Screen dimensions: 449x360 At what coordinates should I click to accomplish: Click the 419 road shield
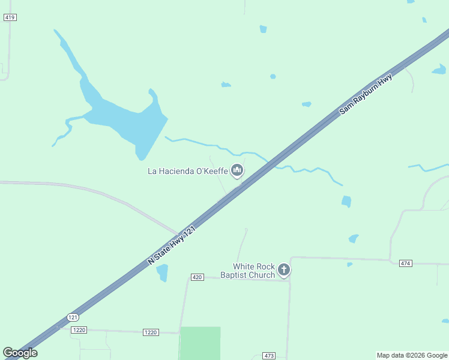(10, 17)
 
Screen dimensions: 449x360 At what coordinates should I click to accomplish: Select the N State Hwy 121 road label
(172, 242)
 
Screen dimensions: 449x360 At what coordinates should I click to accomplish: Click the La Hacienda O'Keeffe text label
(187, 172)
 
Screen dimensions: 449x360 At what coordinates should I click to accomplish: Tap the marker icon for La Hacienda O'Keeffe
(237, 171)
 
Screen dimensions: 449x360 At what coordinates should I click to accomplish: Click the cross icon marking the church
(284, 270)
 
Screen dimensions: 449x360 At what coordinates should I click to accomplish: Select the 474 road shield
(406, 263)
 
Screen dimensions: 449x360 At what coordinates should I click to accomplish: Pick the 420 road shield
(197, 277)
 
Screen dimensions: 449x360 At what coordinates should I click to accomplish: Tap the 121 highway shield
(73, 317)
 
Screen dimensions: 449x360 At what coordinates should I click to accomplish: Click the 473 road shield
(269, 356)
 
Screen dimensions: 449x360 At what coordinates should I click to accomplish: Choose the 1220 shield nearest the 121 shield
(79, 330)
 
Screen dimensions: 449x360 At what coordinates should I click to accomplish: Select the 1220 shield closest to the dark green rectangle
(151, 332)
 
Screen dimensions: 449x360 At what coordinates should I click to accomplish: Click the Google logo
(20, 353)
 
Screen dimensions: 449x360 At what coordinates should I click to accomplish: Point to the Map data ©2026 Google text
(412, 355)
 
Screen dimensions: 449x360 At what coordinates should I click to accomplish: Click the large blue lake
(129, 123)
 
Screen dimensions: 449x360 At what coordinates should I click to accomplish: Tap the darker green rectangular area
(200, 343)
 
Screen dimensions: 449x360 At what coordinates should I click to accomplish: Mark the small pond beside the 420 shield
(162, 273)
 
